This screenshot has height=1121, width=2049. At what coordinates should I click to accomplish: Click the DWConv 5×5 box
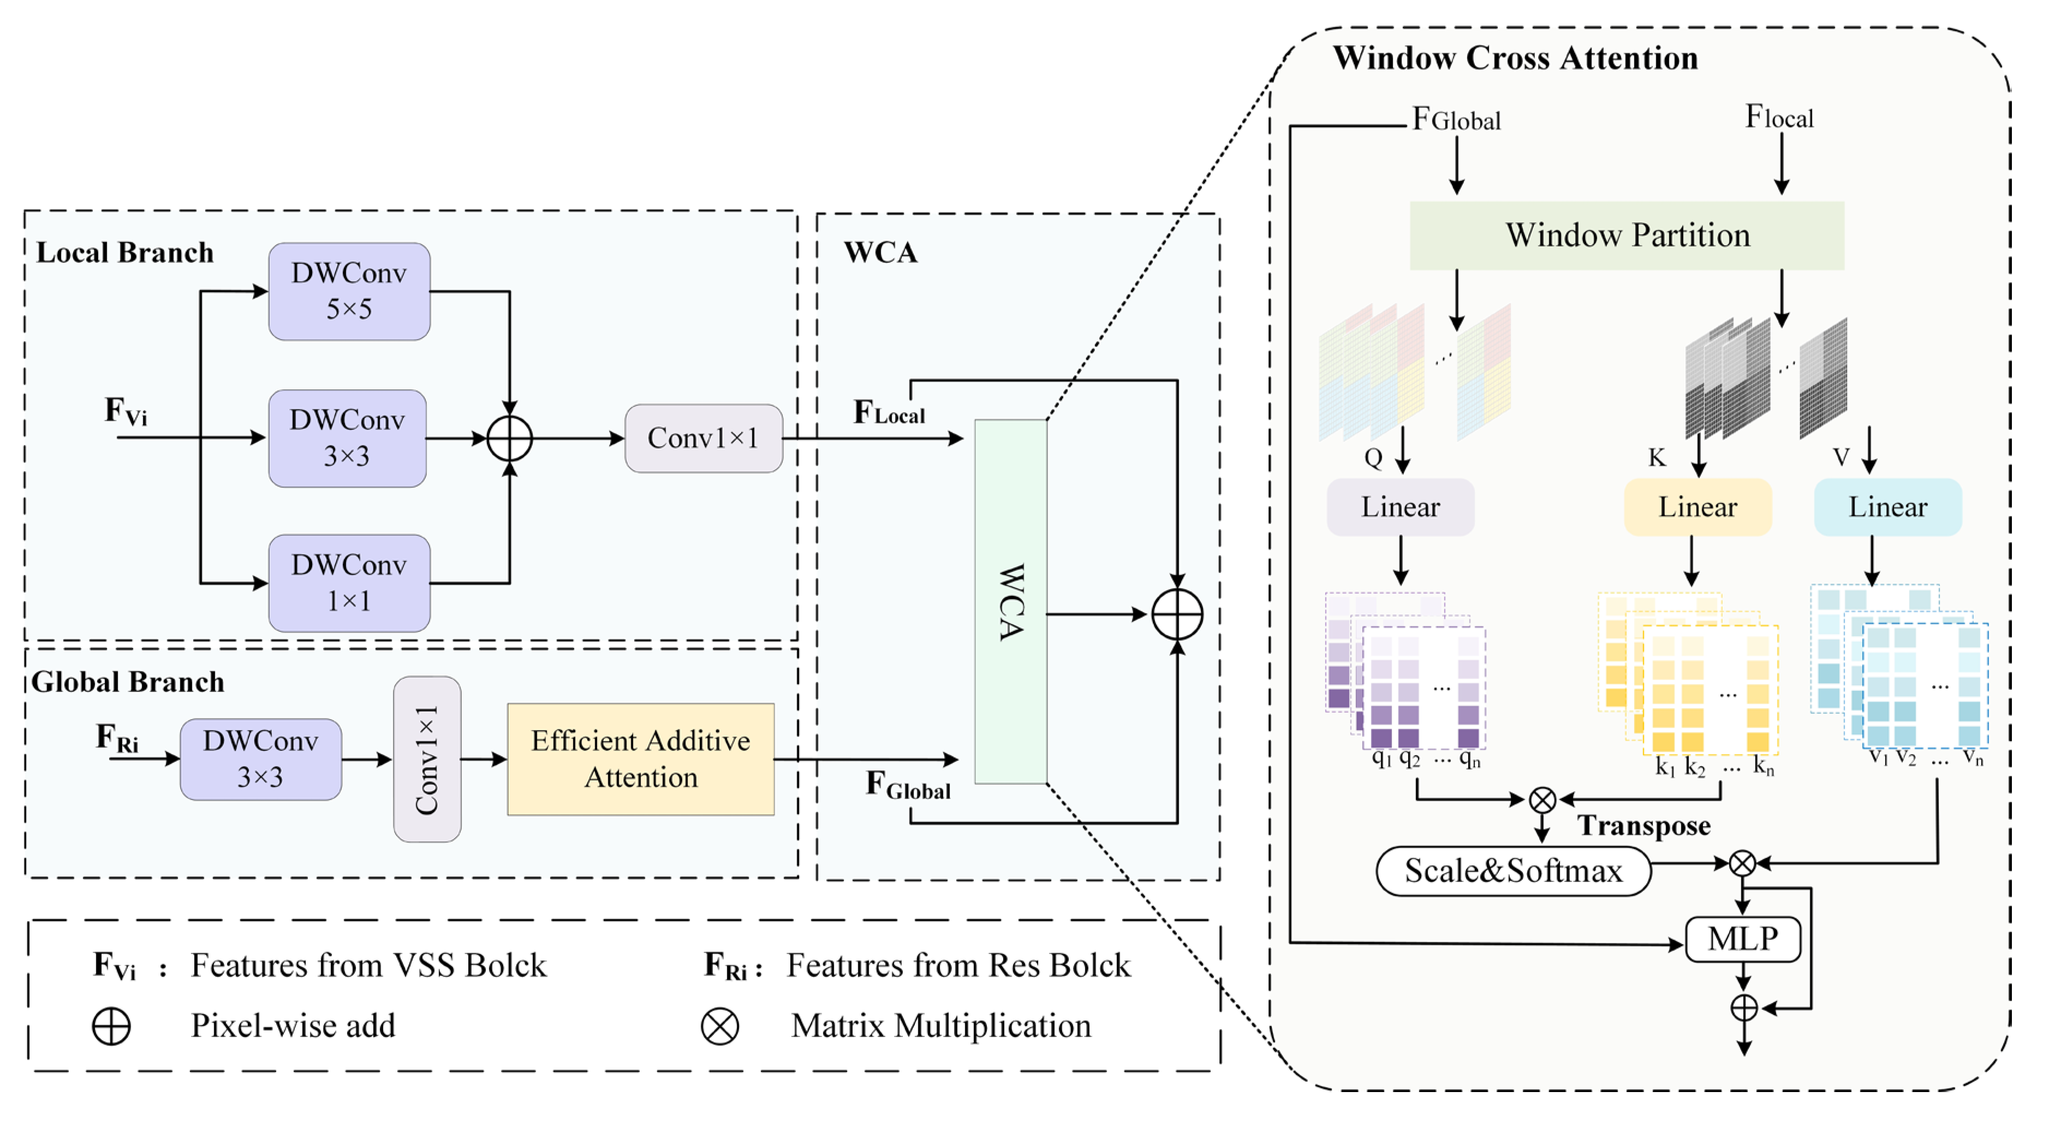349,291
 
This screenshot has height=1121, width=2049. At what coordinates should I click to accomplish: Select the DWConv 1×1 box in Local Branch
349,583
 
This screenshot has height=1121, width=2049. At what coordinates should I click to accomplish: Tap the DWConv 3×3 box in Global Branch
261,759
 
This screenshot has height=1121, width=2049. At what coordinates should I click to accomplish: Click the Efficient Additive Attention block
640,759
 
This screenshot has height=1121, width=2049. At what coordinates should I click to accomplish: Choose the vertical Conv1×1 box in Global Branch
427,759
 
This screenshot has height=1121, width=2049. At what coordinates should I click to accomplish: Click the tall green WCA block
1010,602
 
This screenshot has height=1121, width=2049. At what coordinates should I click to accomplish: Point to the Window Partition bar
1627,235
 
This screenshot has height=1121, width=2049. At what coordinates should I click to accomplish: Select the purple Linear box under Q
1400,507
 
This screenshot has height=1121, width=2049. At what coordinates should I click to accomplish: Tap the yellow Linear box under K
1697,507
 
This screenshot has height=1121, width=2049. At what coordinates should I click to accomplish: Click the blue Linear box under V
1887,507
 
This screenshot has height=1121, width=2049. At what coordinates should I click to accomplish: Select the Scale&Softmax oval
1513,871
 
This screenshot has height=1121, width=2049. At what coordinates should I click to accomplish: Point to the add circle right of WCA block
1177,614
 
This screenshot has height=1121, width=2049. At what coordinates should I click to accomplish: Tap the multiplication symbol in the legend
720,1027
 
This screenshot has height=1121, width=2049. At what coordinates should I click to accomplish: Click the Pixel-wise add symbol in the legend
111,1027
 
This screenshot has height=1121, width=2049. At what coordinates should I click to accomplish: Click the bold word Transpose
1644,826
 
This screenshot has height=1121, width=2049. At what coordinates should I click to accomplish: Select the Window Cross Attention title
1515,58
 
